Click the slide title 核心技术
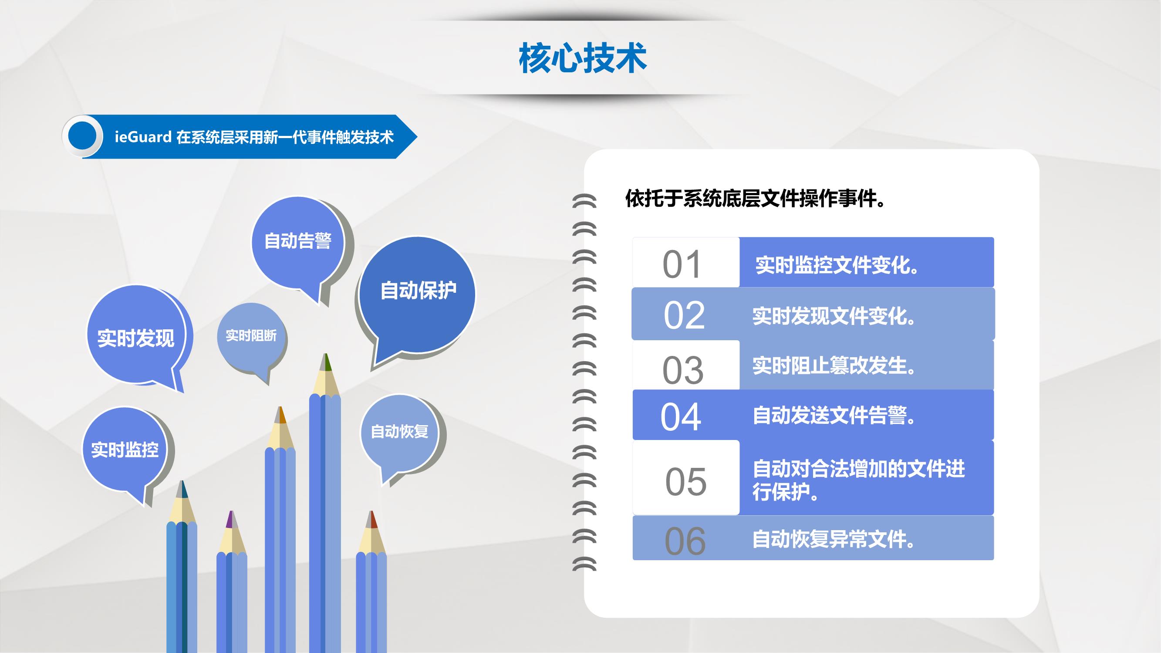(583, 58)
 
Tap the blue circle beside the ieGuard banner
(82, 136)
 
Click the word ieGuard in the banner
(143, 137)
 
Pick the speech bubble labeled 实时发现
(136, 336)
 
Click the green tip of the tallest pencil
(325, 362)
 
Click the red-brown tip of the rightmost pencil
(371, 520)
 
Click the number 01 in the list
(682, 264)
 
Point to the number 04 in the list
(681, 417)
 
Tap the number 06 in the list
(685, 541)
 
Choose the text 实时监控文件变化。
(837, 265)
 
